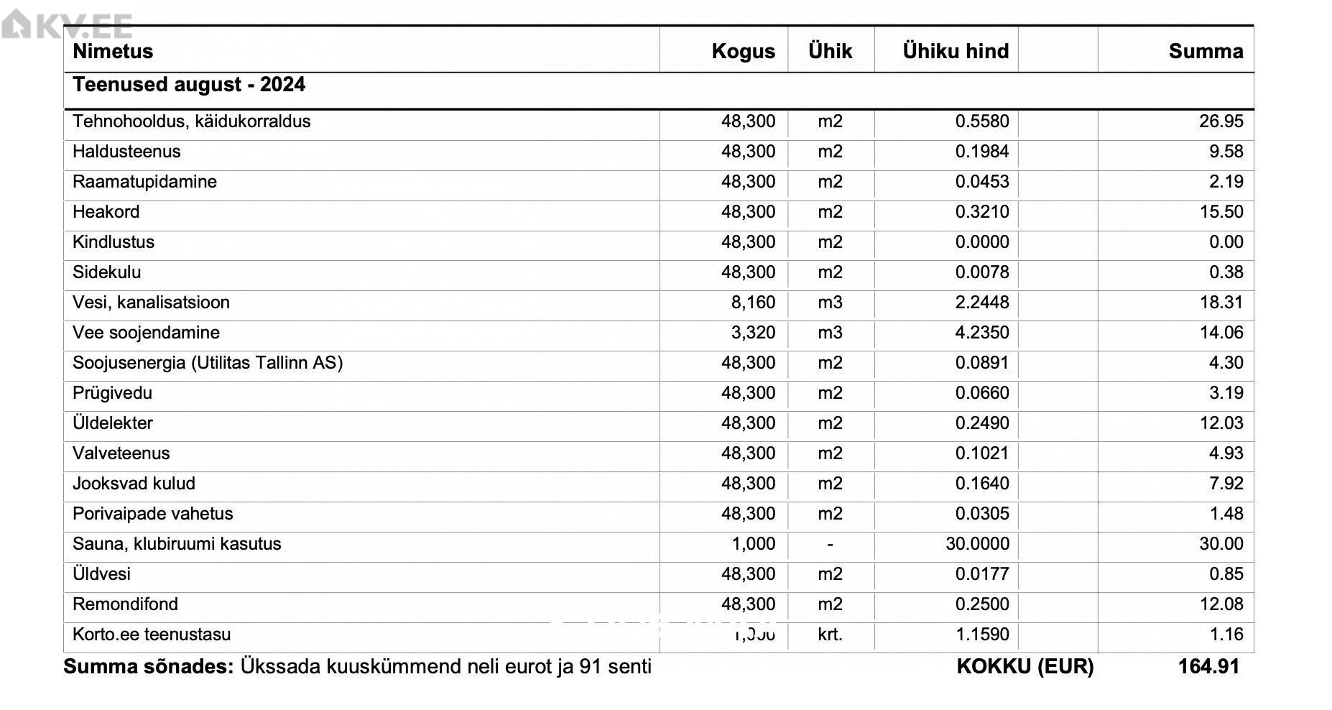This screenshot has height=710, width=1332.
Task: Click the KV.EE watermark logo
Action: point(66,26)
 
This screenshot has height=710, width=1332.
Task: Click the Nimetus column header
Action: point(113,51)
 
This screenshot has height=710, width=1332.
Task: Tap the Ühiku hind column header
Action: point(956,51)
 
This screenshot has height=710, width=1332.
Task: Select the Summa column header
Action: point(1206,51)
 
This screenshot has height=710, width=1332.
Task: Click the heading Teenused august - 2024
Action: point(189,85)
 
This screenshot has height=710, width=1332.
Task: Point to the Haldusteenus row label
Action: point(126,152)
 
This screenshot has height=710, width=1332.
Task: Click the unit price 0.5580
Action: point(981,121)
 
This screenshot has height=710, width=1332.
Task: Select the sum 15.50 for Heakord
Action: point(1221,212)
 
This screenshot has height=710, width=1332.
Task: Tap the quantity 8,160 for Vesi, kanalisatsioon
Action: point(753,303)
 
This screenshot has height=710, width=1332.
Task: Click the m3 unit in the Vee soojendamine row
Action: point(830,333)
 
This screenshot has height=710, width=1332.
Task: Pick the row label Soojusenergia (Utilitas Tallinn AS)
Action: point(208,363)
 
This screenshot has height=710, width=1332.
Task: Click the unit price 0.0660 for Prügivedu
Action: point(981,393)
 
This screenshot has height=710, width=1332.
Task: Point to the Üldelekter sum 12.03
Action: point(1221,423)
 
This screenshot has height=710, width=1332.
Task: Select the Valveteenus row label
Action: point(121,453)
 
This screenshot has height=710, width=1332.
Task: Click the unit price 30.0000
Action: point(977,544)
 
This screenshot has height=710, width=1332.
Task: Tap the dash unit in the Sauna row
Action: point(830,545)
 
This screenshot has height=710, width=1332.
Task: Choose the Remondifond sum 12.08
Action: point(1221,604)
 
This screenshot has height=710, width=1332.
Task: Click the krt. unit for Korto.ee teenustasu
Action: point(830,635)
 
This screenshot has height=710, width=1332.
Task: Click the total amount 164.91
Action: point(1208,667)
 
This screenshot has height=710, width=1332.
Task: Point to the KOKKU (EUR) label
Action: point(1025,667)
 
